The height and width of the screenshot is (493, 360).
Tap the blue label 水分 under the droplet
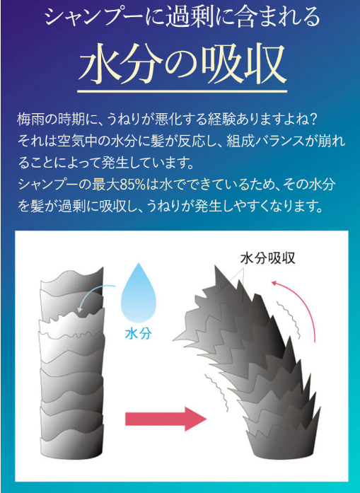139,334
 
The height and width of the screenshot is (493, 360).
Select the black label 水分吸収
268,258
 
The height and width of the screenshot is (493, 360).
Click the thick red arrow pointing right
166,419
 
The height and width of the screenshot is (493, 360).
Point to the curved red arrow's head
275,284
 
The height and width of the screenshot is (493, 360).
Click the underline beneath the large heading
182,92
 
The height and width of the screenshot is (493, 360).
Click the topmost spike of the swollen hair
216,267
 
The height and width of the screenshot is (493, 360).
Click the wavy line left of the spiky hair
216,393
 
